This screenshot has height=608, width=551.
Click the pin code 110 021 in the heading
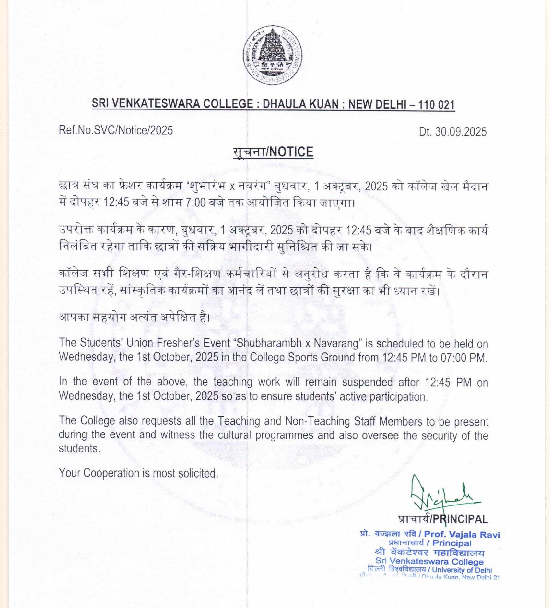(436, 105)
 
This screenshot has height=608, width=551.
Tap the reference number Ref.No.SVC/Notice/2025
(116, 130)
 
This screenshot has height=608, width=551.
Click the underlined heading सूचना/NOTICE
(273, 152)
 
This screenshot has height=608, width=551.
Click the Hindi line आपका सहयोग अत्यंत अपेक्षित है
(134, 317)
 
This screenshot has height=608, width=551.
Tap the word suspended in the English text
(367, 382)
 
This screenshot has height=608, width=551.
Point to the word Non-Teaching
(318, 421)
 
